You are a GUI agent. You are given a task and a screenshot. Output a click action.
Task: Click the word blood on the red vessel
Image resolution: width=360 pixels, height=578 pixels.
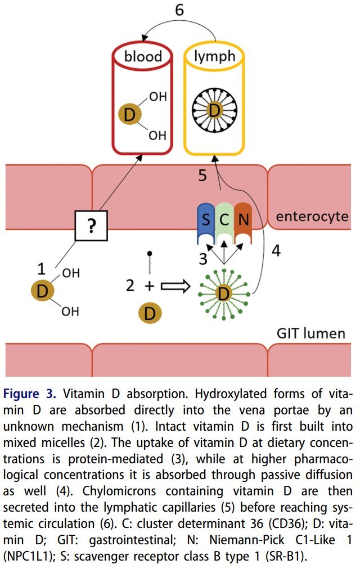(143, 56)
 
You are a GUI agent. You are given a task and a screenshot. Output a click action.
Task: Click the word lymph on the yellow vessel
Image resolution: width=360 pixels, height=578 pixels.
(214, 56)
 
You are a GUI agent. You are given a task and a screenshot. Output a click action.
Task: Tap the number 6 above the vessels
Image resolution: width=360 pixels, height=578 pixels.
(179, 10)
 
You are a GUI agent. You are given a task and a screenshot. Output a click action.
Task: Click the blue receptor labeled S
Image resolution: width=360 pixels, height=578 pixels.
(206, 221)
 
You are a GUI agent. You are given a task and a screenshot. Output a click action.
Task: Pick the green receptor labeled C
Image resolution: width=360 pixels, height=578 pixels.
(224, 221)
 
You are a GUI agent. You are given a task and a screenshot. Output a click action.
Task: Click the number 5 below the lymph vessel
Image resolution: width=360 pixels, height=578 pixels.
(203, 175)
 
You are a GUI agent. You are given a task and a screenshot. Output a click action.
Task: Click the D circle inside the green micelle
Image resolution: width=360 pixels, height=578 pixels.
(223, 293)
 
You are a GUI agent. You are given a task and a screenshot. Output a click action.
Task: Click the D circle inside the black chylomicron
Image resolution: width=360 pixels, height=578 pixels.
(214, 111)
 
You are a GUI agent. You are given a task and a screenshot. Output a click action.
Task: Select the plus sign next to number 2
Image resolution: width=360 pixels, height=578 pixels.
(149, 286)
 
